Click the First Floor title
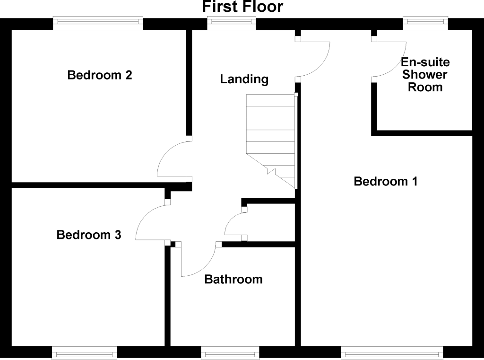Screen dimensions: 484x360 [242, 7]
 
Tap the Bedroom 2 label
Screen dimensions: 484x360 [100, 75]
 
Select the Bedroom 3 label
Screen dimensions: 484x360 [89, 235]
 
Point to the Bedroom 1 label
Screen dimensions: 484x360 [386, 181]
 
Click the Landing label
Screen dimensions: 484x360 [244, 79]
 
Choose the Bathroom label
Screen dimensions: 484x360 [233, 280]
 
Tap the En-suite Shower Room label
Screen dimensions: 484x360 [425, 75]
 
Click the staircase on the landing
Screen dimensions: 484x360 [270, 140]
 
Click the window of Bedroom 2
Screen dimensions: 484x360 [98, 23]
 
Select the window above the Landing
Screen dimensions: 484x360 [232, 23]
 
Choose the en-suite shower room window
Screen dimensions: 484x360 [425, 23]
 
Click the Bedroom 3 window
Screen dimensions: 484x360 [84, 353]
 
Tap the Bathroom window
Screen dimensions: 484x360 [230, 353]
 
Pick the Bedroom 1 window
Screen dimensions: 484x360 [392, 353]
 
